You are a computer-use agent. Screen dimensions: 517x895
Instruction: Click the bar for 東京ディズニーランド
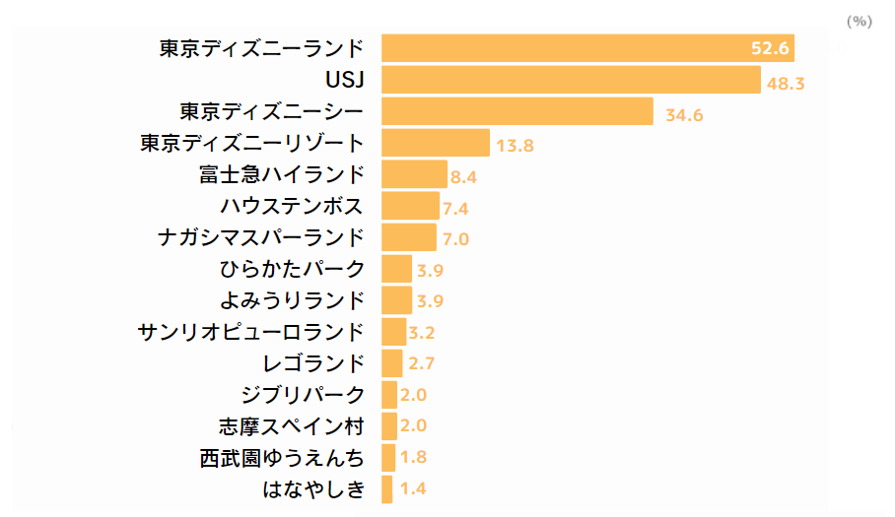coord(587,48)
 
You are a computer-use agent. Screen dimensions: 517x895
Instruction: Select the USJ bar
coord(571,80)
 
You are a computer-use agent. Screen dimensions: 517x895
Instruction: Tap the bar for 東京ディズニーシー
coord(517,111)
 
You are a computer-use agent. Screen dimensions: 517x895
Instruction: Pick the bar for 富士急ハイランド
coord(414,174)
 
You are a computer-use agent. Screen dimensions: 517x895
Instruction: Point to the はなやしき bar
coord(386,488)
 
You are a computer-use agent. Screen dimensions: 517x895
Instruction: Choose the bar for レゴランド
coord(391,363)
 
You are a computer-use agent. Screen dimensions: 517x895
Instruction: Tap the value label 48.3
coord(786,84)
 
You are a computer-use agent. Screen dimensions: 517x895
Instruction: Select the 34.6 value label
coord(684,115)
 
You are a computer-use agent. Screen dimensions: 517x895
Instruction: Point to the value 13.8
coord(515,147)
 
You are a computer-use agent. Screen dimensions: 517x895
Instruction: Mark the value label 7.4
coord(455,209)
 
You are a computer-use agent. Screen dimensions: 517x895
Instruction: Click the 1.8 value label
coord(412,458)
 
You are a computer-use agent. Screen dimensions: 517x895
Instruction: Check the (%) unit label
coord(860,21)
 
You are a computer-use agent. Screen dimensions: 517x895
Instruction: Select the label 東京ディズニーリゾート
coord(252,143)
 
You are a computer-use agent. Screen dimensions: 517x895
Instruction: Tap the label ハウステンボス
coord(292,206)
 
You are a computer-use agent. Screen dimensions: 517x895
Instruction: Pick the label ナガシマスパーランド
coord(261,237)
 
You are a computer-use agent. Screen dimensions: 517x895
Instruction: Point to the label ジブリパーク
coord(303,395)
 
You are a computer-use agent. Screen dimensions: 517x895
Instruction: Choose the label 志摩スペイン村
coord(292,426)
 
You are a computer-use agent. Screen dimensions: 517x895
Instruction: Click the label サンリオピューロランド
coord(252,332)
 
